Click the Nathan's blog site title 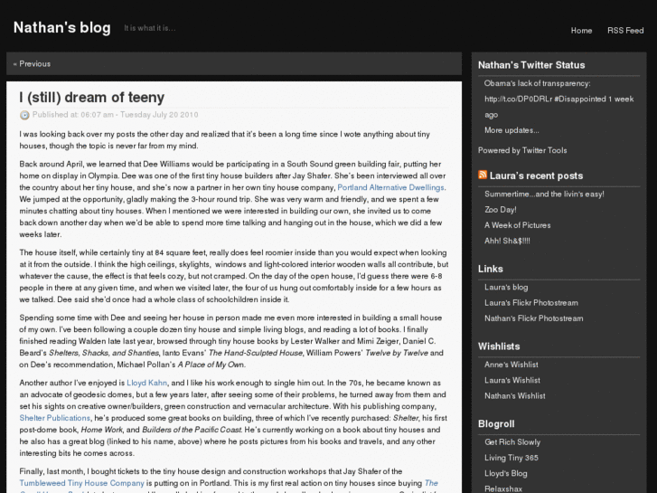click(x=61, y=28)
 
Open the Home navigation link click(x=581, y=31)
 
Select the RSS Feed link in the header click(x=625, y=31)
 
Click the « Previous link click(x=33, y=64)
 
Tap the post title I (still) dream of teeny click(x=91, y=97)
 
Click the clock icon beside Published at click(x=24, y=115)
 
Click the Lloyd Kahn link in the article click(x=146, y=384)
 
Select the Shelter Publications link click(x=54, y=419)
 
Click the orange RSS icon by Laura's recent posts click(x=483, y=175)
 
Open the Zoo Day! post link click(x=501, y=210)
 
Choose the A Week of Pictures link click(x=517, y=225)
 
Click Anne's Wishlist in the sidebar click(x=512, y=365)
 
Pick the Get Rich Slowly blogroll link click(x=512, y=442)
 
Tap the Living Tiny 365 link click(x=512, y=458)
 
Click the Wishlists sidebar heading click(x=499, y=346)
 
